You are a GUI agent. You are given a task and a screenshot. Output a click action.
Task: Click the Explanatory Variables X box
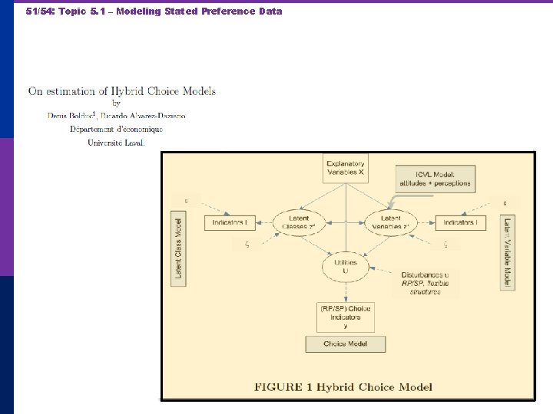coord(346,169)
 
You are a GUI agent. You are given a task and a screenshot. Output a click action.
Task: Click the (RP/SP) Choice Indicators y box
coord(346,317)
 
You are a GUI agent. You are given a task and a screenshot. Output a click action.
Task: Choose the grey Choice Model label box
coord(346,344)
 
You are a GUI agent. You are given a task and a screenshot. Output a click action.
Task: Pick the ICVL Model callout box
coord(435,179)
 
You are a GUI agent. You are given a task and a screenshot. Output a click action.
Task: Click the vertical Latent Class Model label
coord(179,248)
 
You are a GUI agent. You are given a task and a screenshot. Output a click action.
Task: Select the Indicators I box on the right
coord(460,223)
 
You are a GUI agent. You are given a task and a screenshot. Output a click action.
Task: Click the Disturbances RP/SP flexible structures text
coord(425,283)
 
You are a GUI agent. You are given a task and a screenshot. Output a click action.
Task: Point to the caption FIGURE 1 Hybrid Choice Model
coord(343,387)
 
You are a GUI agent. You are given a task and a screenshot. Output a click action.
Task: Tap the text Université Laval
coord(116,143)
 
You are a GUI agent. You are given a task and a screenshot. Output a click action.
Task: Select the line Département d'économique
coord(116,129)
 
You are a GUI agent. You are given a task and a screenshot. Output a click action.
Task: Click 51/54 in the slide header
coord(38,11)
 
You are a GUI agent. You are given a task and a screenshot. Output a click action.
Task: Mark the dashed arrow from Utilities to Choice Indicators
coord(346,292)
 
